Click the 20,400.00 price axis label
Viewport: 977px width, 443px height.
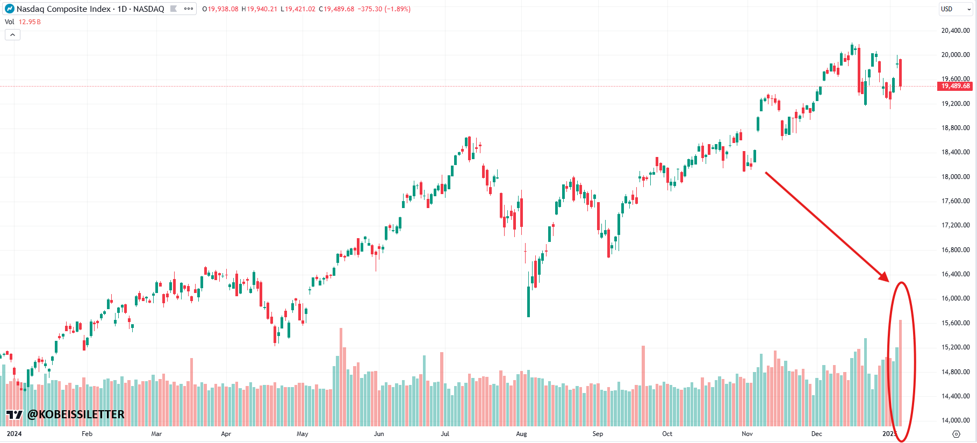955,31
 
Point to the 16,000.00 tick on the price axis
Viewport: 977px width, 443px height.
955,298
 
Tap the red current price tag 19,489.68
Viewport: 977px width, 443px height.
955,86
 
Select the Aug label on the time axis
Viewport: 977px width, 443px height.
521,434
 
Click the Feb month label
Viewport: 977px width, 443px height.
87,434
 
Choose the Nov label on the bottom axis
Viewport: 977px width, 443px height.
747,434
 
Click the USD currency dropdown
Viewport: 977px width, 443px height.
956,9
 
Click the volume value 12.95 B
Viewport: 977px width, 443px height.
30,22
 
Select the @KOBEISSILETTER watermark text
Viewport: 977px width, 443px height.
76,415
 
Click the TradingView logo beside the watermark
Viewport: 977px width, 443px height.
15,415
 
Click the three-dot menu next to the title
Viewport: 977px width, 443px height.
189,9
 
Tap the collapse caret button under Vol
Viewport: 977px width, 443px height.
12,35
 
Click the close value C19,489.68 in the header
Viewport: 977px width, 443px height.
336,9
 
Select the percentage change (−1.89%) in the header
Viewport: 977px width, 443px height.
398,9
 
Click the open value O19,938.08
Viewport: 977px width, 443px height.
220,9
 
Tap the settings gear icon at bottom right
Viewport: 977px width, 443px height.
956,434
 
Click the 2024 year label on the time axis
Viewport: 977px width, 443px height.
15,434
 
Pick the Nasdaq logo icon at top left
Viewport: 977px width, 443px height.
9,9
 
